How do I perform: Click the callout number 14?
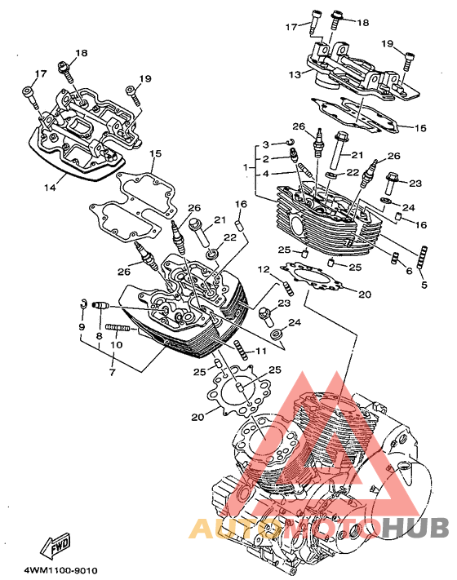click(50, 188)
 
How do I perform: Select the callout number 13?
click(295, 75)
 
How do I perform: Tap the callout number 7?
click(112, 372)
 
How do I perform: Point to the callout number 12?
click(264, 270)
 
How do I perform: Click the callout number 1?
click(246, 167)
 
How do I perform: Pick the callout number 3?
click(266, 144)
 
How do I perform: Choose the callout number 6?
click(409, 271)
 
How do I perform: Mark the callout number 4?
click(266, 174)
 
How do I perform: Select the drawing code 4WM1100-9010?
click(61, 570)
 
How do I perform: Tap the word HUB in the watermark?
click(415, 527)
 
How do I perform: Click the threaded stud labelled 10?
click(118, 327)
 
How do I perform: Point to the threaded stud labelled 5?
click(422, 258)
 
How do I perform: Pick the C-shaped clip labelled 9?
click(83, 303)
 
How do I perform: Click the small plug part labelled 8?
click(100, 306)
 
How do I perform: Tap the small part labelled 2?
click(294, 155)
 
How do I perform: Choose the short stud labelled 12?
click(289, 289)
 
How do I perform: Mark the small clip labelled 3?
click(291, 142)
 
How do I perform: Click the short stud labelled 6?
click(395, 258)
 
